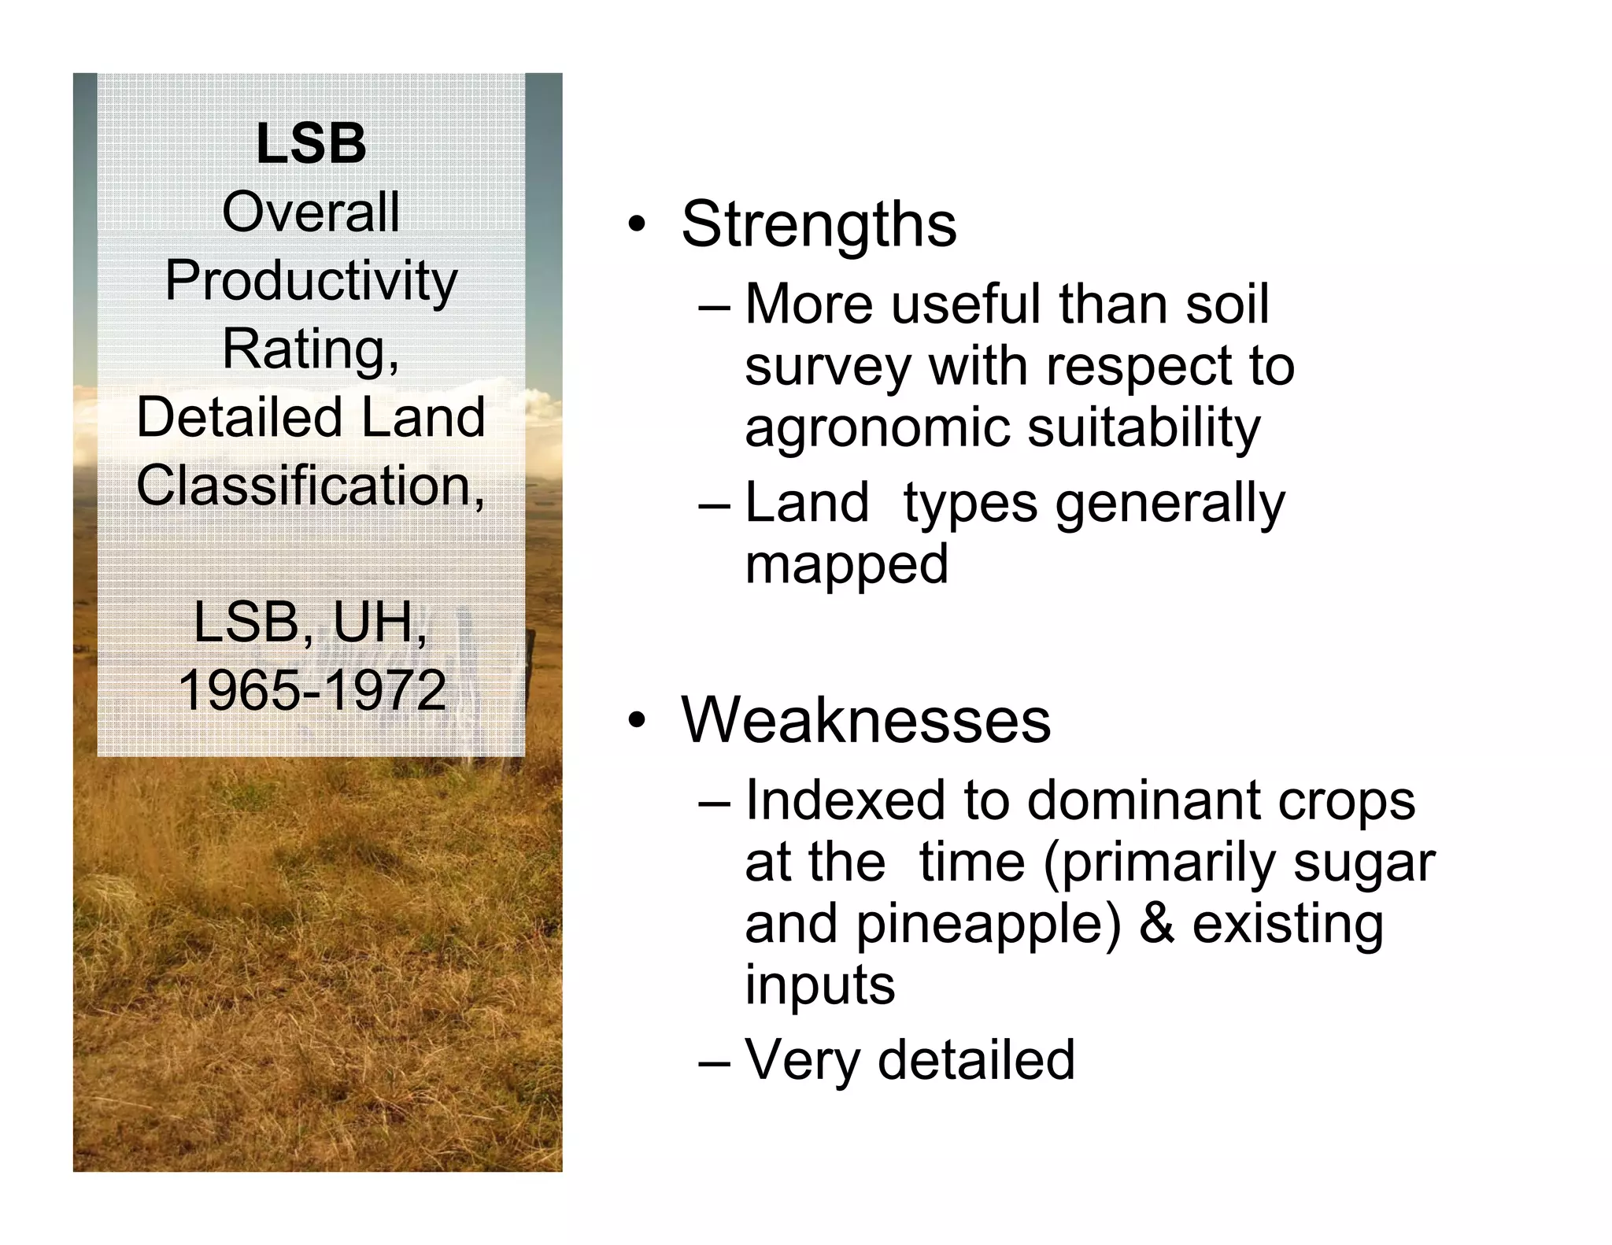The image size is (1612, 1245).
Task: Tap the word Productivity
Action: (x=311, y=281)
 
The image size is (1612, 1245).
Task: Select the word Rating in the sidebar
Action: (x=306, y=348)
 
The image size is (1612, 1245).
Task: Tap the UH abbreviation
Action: (x=374, y=622)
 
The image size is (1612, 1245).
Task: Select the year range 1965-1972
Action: (x=312, y=690)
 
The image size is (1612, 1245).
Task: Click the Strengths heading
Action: (x=819, y=224)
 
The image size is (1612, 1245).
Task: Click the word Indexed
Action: (x=845, y=800)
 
